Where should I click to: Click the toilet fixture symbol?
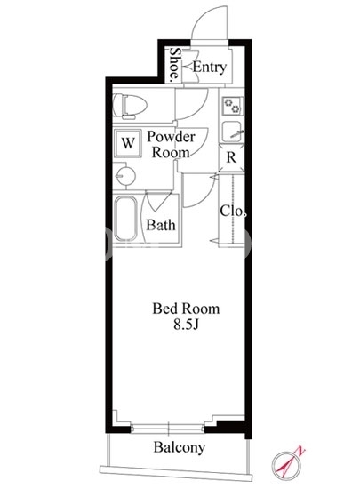pos(130,106)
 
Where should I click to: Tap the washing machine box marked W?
pos(128,143)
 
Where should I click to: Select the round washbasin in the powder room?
pos(124,176)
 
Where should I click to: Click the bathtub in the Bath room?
pos(125,219)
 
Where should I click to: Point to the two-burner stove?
pos(233,106)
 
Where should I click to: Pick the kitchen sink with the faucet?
pos(233,132)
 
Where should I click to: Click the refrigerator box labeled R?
pos(231,157)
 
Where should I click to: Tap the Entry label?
pos(210,68)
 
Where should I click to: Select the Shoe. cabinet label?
pos(175,64)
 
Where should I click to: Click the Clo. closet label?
pos(233,211)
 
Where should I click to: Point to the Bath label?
pos(161,225)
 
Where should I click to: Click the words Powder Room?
pos(172,144)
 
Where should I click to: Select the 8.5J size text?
pos(186,325)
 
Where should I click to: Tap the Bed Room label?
pos(186,309)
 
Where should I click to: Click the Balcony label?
pos(180,447)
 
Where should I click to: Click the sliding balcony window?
pos(168,429)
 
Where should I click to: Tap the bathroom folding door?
pos(157,202)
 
